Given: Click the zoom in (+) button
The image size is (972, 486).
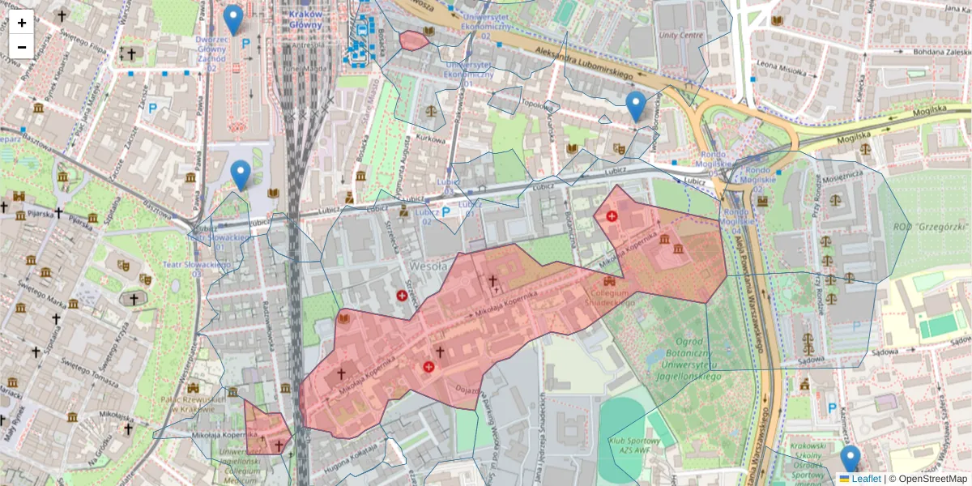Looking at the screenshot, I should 22,22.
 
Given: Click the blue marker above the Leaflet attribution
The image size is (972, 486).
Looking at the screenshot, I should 850,458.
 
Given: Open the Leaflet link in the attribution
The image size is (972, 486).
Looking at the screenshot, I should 866,479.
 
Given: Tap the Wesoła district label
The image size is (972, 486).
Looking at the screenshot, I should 428,265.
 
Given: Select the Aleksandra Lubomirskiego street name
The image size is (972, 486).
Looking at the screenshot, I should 583,63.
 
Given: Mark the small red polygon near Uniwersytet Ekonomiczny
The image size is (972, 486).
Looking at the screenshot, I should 414,40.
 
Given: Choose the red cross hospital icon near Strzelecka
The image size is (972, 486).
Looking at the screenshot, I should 402,296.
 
